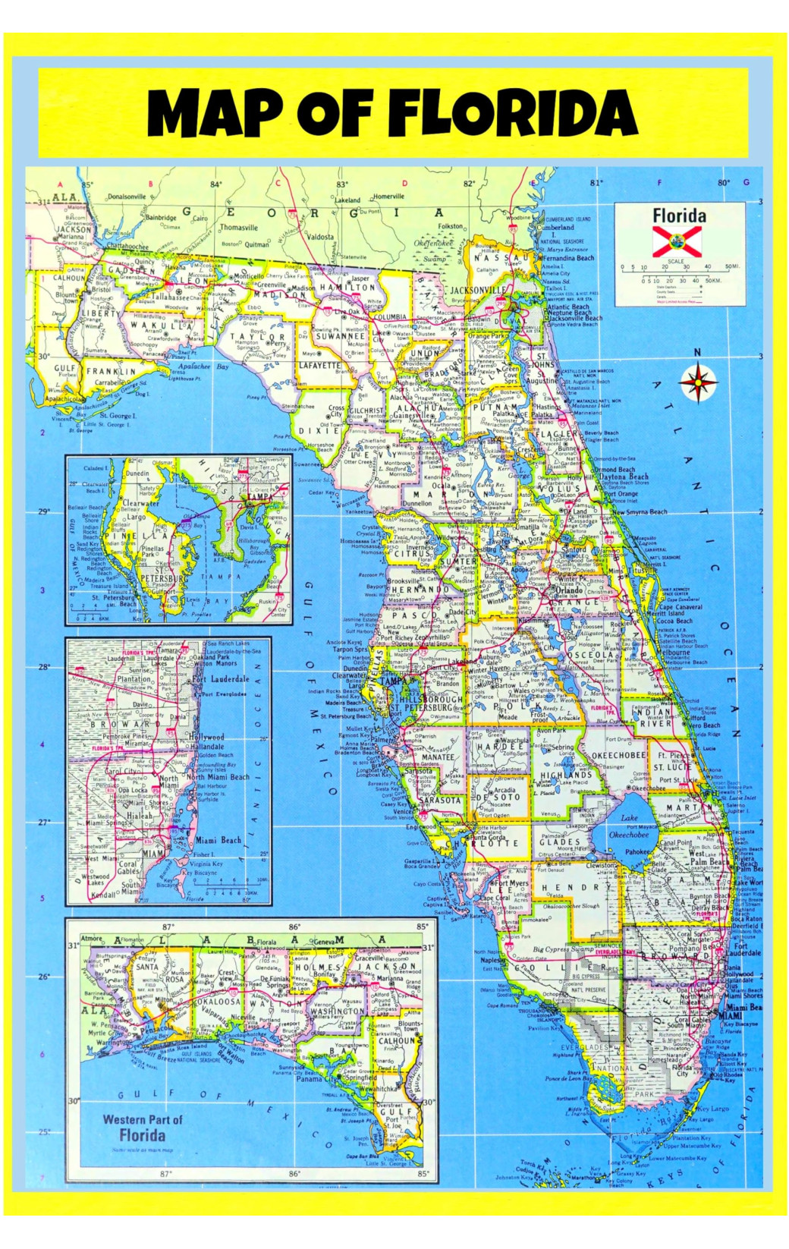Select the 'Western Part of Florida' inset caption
point(143,1128)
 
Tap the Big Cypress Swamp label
point(564,949)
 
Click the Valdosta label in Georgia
point(320,237)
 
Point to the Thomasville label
point(238,227)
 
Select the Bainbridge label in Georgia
point(161,218)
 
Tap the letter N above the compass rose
point(698,353)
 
